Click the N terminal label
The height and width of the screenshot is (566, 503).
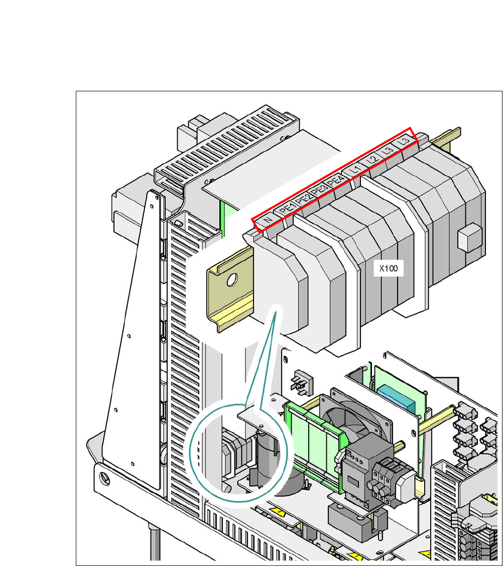coord(268,220)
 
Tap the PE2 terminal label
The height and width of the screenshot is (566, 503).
coord(303,200)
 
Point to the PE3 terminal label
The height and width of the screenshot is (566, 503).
coord(319,192)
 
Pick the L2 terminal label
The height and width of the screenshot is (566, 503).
coord(371,160)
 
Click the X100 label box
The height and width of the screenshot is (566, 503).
coord(388,268)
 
